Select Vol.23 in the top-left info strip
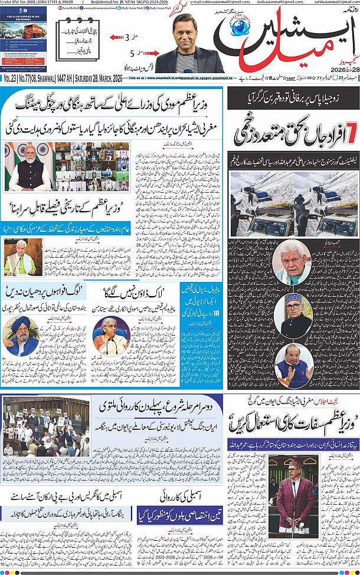(9, 77)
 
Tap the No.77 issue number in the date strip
(25, 77)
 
